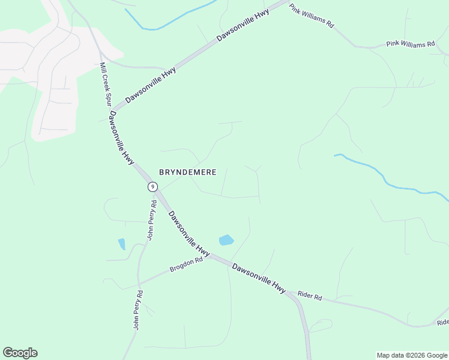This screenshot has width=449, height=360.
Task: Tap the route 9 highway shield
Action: point(152,187)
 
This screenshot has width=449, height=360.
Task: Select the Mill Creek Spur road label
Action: point(106,85)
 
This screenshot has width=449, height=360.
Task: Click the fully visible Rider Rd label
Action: point(310,296)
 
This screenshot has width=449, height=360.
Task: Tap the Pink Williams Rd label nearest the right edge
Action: point(410,44)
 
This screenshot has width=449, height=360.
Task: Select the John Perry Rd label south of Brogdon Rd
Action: point(137,310)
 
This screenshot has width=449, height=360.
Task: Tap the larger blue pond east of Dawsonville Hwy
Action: point(226,240)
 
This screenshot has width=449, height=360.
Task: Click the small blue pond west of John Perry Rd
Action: point(122,244)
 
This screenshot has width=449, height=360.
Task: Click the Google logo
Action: point(20,353)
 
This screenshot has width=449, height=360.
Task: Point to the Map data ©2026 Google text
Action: point(412,355)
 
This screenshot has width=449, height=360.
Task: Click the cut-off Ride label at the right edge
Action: point(442,323)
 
